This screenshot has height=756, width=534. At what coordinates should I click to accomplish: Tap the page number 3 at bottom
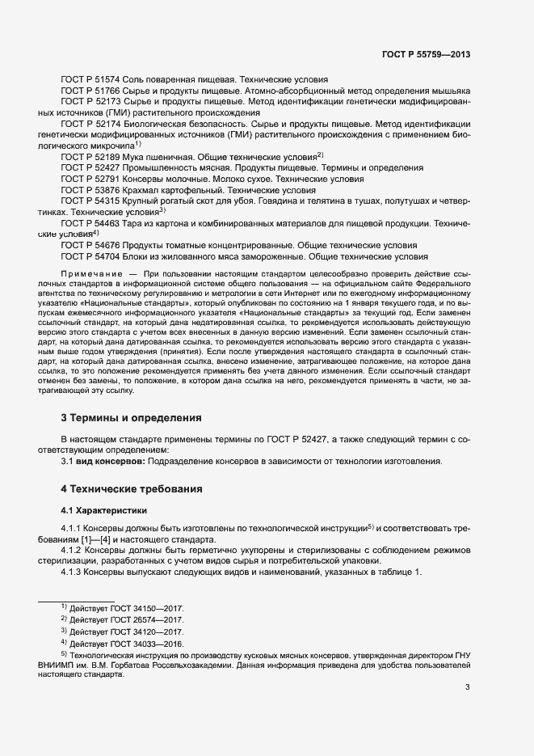pyautogui.click(x=467, y=687)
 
